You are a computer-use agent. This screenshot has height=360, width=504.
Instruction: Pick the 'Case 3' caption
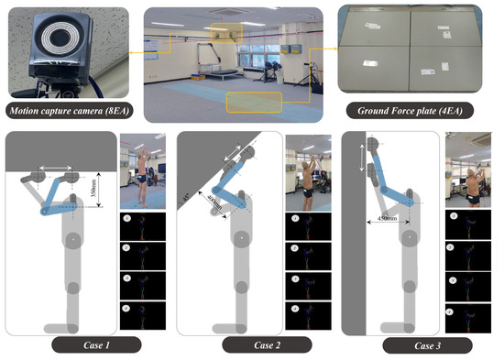pos(426,345)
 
